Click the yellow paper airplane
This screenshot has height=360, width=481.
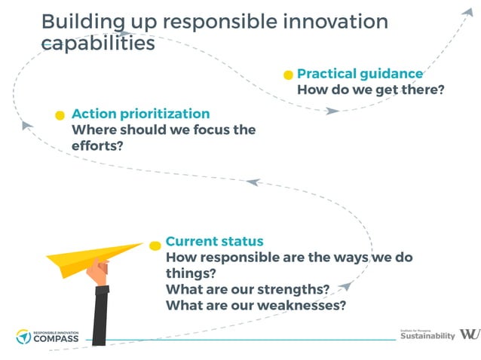click(90, 255)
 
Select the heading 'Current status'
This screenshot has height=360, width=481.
click(214, 242)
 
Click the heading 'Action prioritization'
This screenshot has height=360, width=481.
click(140, 114)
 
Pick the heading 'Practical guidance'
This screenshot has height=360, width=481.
click(360, 74)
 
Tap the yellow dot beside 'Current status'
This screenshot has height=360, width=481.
click(155, 245)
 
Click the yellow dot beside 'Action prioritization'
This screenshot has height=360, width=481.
click(60, 115)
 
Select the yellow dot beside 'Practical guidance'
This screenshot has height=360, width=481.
click(288, 75)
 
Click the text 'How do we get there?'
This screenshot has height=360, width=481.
click(370, 90)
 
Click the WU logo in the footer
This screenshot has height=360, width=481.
click(468, 334)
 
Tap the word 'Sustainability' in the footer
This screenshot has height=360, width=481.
click(427, 336)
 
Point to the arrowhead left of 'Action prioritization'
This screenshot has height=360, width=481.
click(26, 125)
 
